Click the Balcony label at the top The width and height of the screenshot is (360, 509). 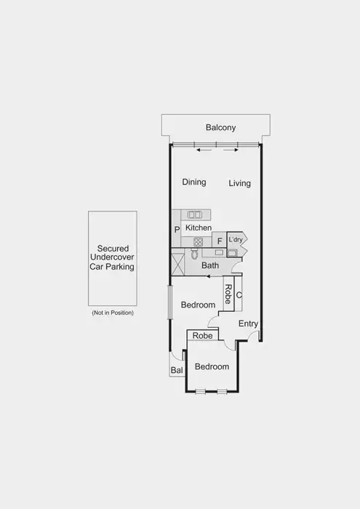pos(220,128)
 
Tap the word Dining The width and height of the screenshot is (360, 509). pos(194,183)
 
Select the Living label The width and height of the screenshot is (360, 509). pos(239,183)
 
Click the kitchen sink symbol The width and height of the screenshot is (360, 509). pos(195,215)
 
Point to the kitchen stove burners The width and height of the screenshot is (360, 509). pos(198,241)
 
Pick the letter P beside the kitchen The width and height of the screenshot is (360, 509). pos(177,230)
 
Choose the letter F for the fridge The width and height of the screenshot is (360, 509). pos(218,240)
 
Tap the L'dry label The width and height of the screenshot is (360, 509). pos(236,239)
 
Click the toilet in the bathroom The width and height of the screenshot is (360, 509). pos(194,254)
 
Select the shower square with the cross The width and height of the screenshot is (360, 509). pos(177,262)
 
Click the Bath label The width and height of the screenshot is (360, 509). pos(210,266)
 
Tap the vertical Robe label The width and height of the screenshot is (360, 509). pos(228,294)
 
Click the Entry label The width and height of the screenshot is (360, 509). pos(248,324)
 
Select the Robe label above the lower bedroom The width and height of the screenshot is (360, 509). pos(203,336)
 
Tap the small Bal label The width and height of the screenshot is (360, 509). pos(176,371)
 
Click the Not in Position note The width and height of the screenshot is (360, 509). pos(113,313)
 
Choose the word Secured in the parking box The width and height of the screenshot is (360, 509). pos(113,248)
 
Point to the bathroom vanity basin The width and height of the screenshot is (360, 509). pos(219,252)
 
